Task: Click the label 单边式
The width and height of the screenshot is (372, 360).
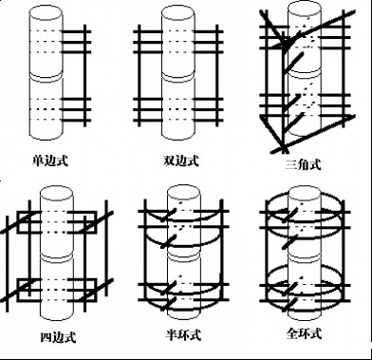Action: coord(50,161)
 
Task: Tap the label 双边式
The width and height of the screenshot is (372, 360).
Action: coord(181,161)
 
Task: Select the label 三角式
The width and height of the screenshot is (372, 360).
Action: coord(303,164)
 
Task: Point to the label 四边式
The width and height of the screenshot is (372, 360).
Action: coord(59,337)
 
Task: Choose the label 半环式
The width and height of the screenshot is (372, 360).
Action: coord(183,334)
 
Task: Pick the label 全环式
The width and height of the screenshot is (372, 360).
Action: coord(304,333)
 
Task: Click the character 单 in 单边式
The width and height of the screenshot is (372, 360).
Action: coord(38,161)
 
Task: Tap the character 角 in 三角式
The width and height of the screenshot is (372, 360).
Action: coord(303,164)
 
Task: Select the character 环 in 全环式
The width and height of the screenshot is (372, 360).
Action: coord(304,333)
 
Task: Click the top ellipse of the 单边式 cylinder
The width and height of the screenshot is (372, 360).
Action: coord(46,12)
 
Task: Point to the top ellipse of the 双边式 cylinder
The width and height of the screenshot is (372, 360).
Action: coord(178,13)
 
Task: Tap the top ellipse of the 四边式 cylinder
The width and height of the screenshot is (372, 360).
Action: coord(56,194)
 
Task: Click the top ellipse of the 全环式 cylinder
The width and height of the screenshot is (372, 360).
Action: coord(305,193)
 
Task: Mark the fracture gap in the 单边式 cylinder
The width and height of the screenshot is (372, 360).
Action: coord(46,77)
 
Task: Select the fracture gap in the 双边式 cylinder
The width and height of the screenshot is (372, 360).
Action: coord(178,78)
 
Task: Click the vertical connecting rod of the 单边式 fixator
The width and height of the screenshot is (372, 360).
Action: coord(84,75)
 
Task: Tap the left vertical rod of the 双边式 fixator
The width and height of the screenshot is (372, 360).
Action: coord(139,75)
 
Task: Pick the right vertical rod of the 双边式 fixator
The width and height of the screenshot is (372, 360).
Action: coord(217,75)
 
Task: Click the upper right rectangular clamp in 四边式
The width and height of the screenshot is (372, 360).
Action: coord(82,221)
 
